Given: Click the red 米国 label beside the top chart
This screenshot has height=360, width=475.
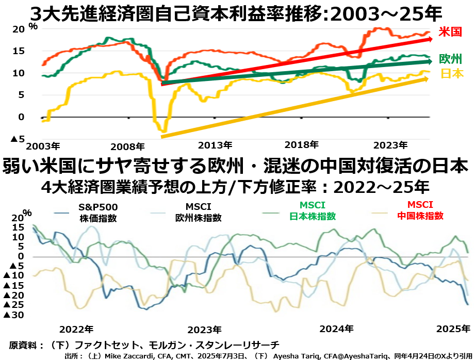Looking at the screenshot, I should click(450, 32).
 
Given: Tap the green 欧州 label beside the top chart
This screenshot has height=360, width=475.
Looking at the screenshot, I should click(450, 59).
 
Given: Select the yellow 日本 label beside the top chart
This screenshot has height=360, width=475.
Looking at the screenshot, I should click(452, 73).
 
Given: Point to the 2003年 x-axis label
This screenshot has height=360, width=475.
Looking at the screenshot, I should click(43, 145).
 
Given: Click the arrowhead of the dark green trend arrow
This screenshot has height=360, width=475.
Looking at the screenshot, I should click(432, 62).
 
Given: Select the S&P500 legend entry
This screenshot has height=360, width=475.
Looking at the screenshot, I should click(98, 212).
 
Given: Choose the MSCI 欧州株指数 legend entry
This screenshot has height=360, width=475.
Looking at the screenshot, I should click(199, 212).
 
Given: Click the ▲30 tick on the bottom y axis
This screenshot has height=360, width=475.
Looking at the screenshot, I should click(14, 315).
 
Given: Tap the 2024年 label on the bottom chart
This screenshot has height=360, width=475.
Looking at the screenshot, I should click(337, 329).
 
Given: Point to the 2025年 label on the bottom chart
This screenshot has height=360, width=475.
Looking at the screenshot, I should click(453, 329).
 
